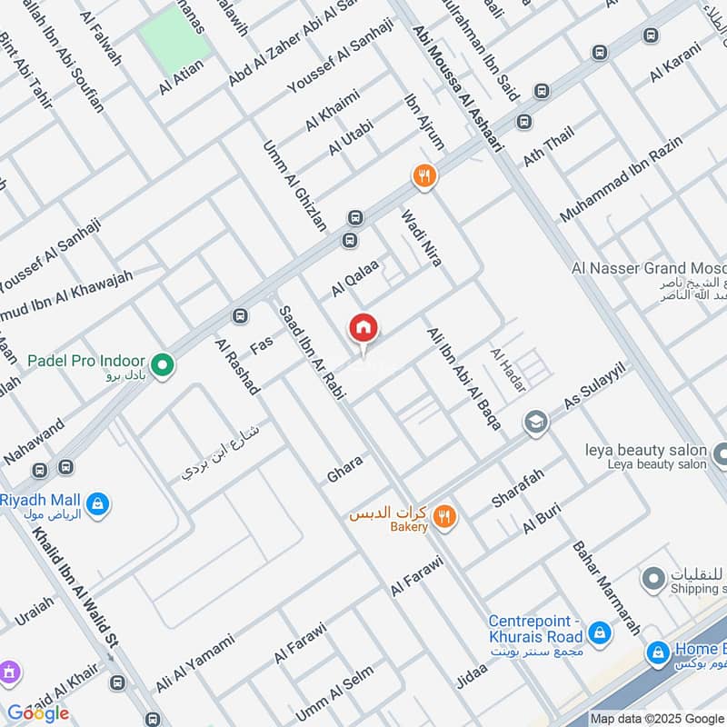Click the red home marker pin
coord(363,329)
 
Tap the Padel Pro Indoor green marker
coord(163,366)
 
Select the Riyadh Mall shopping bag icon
coord(97,502)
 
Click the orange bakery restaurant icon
coord(444,517)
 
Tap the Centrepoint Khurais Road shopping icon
coord(599,632)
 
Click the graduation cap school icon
coord(535,423)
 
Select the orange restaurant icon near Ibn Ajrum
coord(424,176)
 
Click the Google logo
coord(38,712)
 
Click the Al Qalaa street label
coord(354,277)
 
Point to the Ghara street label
coord(345,470)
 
